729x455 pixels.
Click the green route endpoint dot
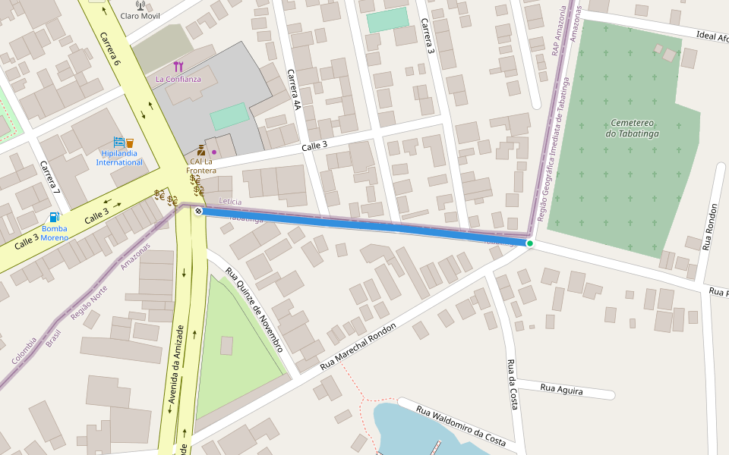point(529,243)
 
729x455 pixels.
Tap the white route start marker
point(198,211)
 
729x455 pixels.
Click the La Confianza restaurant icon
point(178,67)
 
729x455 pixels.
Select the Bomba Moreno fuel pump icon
point(55,218)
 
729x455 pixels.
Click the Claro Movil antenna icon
point(140,5)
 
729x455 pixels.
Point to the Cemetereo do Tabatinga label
point(632,128)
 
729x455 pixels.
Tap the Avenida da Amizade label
point(175,369)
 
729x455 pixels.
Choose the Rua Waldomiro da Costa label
point(461,425)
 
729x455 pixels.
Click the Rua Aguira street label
point(561,390)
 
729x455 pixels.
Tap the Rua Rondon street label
point(710,227)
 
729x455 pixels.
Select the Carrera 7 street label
point(50,176)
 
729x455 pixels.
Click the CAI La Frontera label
point(201,165)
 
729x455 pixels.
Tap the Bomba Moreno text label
point(54,233)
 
